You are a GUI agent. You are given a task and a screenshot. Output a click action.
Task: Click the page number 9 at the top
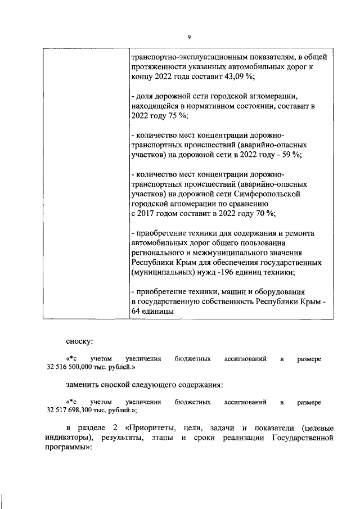click(188, 37)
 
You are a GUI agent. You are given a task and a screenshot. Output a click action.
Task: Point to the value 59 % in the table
click(291, 156)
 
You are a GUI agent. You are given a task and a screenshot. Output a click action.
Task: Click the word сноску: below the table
click(80, 341)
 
